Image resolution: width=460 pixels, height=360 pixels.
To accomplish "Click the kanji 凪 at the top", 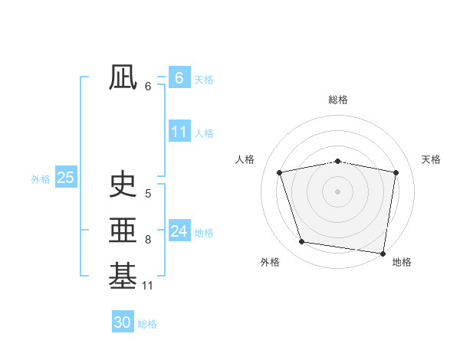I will (x=123, y=78).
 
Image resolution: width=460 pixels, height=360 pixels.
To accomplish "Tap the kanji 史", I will (x=123, y=185).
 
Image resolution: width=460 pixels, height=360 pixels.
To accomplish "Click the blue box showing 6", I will (x=179, y=78).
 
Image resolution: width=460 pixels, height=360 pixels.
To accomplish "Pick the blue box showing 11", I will (x=179, y=132).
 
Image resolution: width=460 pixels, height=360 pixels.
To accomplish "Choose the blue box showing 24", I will (x=179, y=231).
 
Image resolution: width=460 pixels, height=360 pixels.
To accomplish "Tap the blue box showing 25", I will (x=65, y=178).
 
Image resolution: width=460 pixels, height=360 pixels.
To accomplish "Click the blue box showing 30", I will (x=123, y=322).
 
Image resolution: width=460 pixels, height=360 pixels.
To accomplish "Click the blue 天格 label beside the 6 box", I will (x=204, y=79).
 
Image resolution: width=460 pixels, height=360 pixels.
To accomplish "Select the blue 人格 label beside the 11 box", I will (x=204, y=133).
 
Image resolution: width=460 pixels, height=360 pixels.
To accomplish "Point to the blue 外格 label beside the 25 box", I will (x=41, y=179).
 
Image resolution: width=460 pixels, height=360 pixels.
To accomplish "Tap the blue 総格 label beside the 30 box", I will (x=147, y=324).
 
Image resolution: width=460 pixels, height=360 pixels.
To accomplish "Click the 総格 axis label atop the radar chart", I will (x=338, y=100).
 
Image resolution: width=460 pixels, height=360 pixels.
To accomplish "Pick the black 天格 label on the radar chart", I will (x=432, y=159).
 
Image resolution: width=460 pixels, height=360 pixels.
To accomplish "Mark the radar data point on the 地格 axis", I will (x=383, y=253).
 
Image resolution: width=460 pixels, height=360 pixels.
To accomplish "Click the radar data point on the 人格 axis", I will (x=280, y=172).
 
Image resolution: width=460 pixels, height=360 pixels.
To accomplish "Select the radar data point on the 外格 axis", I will (x=302, y=242).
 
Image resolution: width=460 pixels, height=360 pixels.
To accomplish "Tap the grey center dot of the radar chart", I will (x=338, y=191).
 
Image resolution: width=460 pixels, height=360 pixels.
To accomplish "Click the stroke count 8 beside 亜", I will (x=147, y=240).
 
